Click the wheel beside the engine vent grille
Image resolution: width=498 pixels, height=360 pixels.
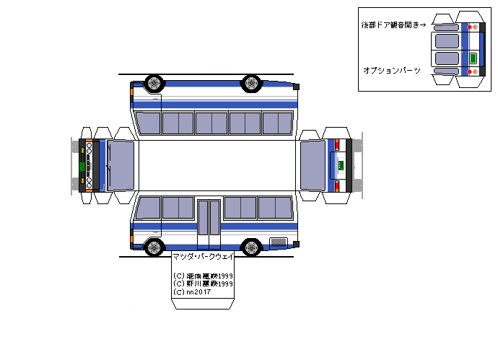coord(251,247)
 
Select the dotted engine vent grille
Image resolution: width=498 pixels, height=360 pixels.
coord(279,241)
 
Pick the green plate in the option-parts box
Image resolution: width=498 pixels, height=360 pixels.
coord(473,58)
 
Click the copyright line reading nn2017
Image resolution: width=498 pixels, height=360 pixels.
coord(188,292)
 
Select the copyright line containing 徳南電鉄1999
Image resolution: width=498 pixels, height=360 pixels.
coord(203,276)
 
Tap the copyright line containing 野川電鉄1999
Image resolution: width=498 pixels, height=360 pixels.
coord(203,284)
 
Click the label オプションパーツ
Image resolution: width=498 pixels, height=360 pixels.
coord(391,70)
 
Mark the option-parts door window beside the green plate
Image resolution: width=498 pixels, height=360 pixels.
coord(446,58)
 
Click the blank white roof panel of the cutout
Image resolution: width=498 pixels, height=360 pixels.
coord(217,164)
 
